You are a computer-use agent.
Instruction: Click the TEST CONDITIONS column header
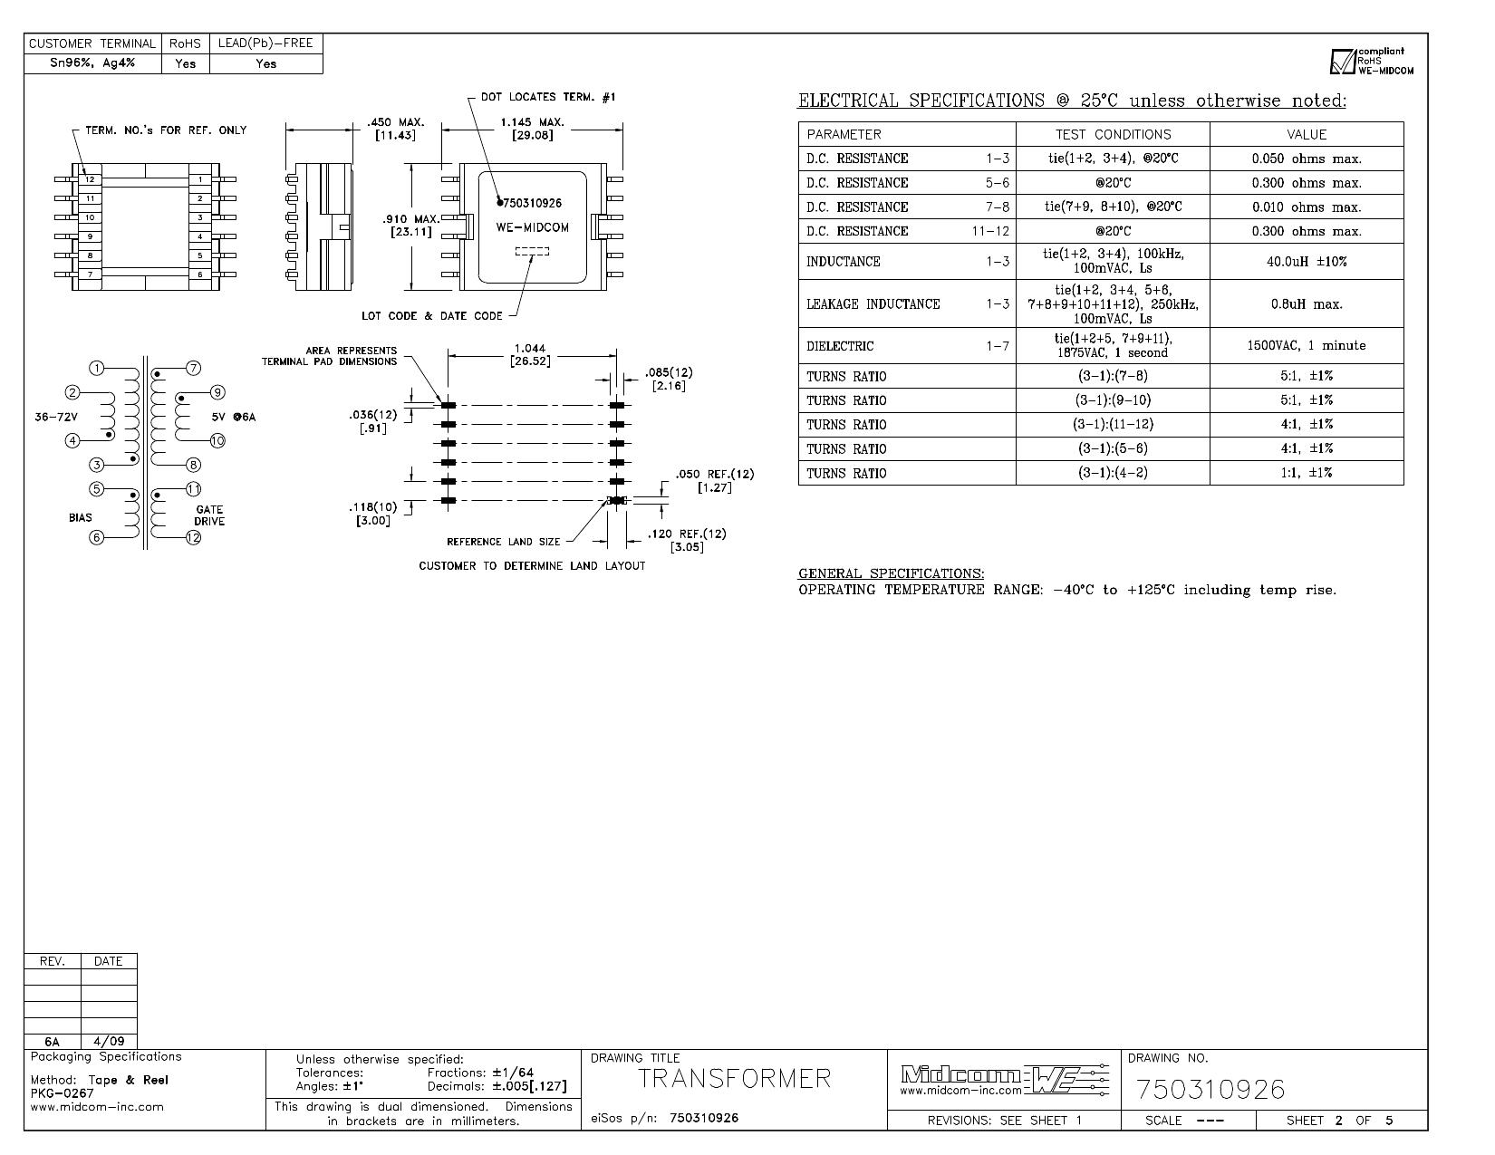(1113, 134)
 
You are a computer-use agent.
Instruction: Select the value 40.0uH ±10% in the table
(1306, 262)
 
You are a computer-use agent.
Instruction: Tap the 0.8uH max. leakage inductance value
(1306, 304)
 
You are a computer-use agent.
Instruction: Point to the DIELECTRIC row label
(839, 346)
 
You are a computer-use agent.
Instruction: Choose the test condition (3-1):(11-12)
(1113, 425)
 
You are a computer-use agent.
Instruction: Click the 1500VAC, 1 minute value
(1306, 345)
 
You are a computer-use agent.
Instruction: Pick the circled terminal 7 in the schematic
(194, 368)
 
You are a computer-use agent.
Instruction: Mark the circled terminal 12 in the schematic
(193, 537)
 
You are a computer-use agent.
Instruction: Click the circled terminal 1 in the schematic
(97, 368)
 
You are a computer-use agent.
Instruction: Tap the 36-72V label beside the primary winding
(56, 417)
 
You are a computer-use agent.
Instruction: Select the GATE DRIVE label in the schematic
(209, 515)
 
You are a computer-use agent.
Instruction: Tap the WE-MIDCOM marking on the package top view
(533, 227)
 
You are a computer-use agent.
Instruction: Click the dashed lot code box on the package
(533, 251)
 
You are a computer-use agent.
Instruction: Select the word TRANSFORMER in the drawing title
(735, 1079)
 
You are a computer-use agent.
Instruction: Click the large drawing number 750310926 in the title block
(1210, 1089)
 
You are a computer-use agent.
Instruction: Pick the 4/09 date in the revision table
(109, 1042)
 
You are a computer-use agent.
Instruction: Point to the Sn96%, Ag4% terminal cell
(92, 63)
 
